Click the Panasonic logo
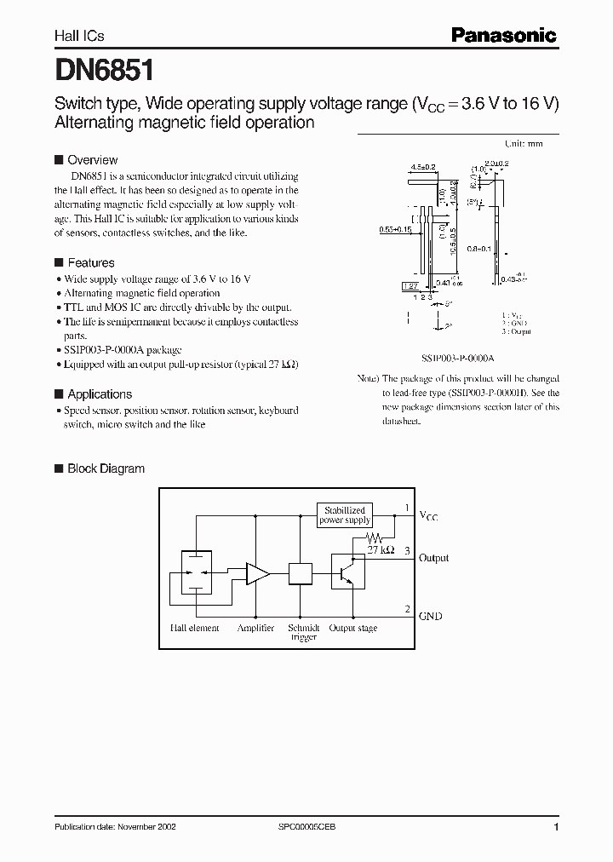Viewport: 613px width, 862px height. coord(502,35)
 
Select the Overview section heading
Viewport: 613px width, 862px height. coord(92,160)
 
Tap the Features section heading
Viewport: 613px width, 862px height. coord(90,263)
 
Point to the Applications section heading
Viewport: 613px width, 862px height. coord(99,394)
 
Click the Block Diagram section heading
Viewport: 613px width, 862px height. coord(106,468)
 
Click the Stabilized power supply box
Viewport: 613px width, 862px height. coord(345,515)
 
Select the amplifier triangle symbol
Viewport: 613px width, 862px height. coord(257,573)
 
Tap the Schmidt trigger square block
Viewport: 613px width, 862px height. coord(301,573)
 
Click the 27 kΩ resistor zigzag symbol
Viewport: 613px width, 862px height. coord(375,538)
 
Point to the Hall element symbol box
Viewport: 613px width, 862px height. coord(197,573)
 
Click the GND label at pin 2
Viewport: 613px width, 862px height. coord(430,616)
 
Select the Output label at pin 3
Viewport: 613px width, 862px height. coord(433,558)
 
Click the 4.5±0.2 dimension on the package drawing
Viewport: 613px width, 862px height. coord(422,167)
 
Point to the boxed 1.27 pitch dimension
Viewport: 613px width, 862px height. coord(409,287)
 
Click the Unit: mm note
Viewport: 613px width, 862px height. coord(524,144)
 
